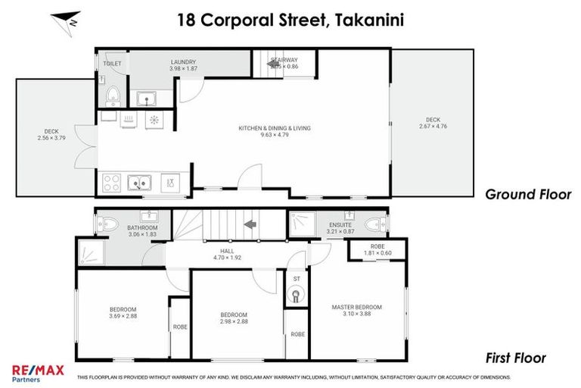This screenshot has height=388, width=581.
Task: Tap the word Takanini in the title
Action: click(366, 20)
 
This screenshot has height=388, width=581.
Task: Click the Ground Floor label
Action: click(527, 195)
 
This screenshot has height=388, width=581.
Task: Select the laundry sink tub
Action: click(146, 98)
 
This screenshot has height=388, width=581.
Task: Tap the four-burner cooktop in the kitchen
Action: click(112, 183)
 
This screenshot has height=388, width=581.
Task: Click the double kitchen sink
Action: click(139, 182)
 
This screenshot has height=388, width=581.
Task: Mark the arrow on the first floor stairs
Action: click(246, 225)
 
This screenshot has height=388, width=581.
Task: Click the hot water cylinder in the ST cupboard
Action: click(297, 295)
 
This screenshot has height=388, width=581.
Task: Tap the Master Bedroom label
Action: click(356, 307)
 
